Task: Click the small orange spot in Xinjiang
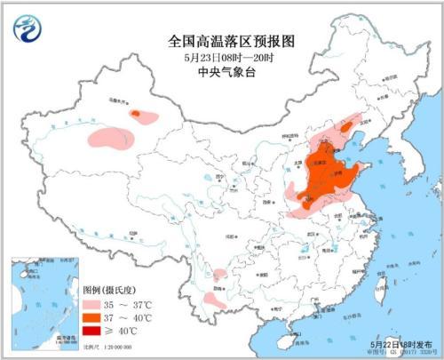[x=137, y=114]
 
